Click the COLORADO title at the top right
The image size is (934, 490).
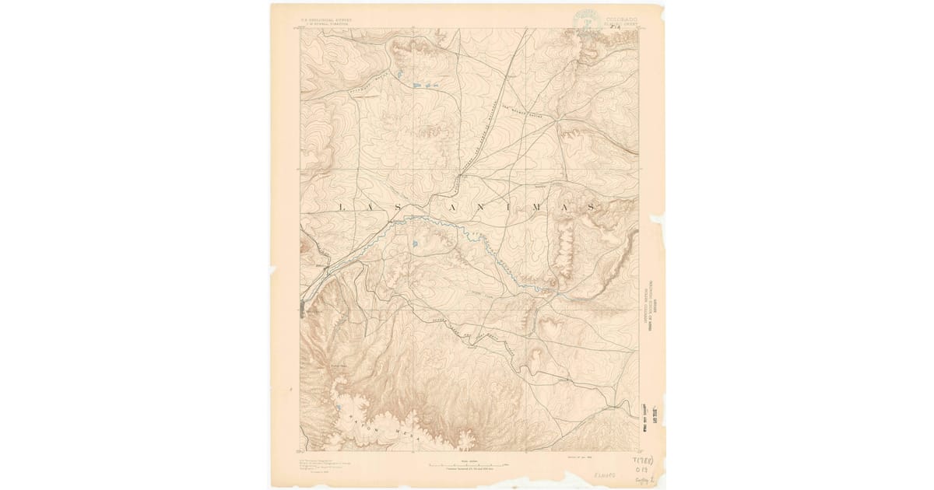pyautogui.click(x=619, y=17)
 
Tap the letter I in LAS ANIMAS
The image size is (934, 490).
pyautogui.click(x=507, y=208)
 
